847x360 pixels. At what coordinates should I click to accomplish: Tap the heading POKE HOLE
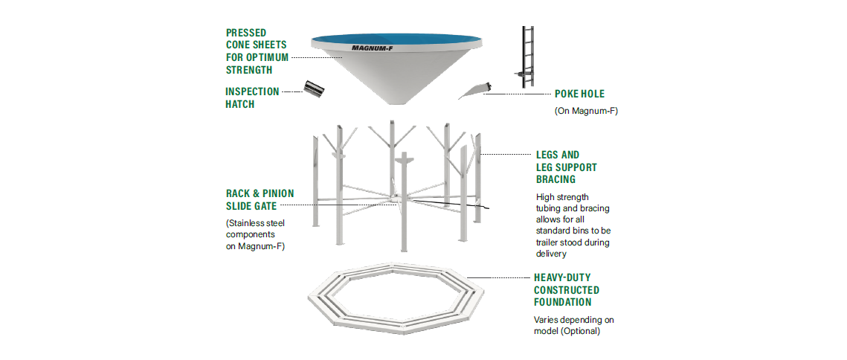click(x=579, y=94)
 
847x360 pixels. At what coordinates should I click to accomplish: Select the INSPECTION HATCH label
click(x=252, y=97)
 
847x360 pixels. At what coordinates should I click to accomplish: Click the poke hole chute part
click(x=474, y=91)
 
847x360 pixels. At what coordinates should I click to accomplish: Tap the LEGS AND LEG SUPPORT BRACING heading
click(x=567, y=167)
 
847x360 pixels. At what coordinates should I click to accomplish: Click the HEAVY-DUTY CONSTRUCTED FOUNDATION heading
click(x=567, y=289)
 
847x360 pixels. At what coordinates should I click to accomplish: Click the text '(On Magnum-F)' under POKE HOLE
click(x=586, y=111)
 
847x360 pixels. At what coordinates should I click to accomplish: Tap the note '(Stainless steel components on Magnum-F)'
click(x=255, y=234)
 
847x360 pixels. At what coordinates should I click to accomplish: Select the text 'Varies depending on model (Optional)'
click(x=573, y=325)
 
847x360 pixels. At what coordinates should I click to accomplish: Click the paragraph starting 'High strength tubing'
click(x=573, y=225)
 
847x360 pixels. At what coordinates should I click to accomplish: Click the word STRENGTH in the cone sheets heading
click(x=249, y=70)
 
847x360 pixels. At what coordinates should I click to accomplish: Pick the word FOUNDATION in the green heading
click(x=563, y=302)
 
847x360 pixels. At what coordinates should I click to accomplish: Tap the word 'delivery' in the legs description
click(x=552, y=254)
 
